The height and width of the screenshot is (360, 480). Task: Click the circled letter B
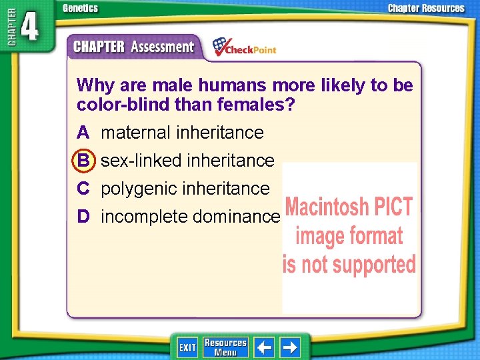coord(83,161)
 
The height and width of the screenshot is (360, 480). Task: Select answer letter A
coord(83,133)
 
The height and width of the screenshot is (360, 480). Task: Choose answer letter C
coord(83,189)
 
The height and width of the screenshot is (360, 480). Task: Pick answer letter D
coord(83,216)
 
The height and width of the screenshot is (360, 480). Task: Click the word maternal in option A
coord(136,133)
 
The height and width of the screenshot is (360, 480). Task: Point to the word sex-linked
coord(142,161)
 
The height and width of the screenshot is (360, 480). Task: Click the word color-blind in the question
coord(116,105)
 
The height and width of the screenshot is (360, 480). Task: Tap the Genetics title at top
coord(80,9)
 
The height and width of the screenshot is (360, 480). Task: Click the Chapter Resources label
coord(426,9)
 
